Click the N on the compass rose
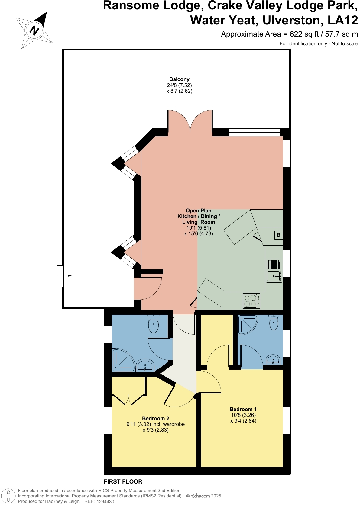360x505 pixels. (34, 31)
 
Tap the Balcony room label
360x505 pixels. (179, 79)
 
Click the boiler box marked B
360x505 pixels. (278, 235)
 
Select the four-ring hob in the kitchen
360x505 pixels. (251, 301)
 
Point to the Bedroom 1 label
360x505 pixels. (243, 409)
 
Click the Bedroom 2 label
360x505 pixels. (155, 418)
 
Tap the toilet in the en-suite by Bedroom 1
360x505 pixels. (274, 322)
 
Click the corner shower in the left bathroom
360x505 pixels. (123, 360)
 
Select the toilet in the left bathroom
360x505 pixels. (154, 324)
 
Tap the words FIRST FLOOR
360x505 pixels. (123, 481)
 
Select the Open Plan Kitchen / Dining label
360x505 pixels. (199, 216)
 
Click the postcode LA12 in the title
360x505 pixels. (343, 21)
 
